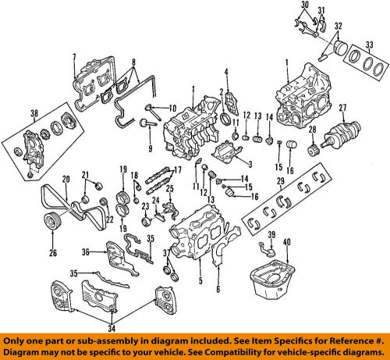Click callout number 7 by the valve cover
tap(75, 56)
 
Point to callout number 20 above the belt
tap(66, 178)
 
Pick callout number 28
tap(312, 130)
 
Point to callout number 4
tap(225, 74)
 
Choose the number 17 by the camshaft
tap(177, 170)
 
